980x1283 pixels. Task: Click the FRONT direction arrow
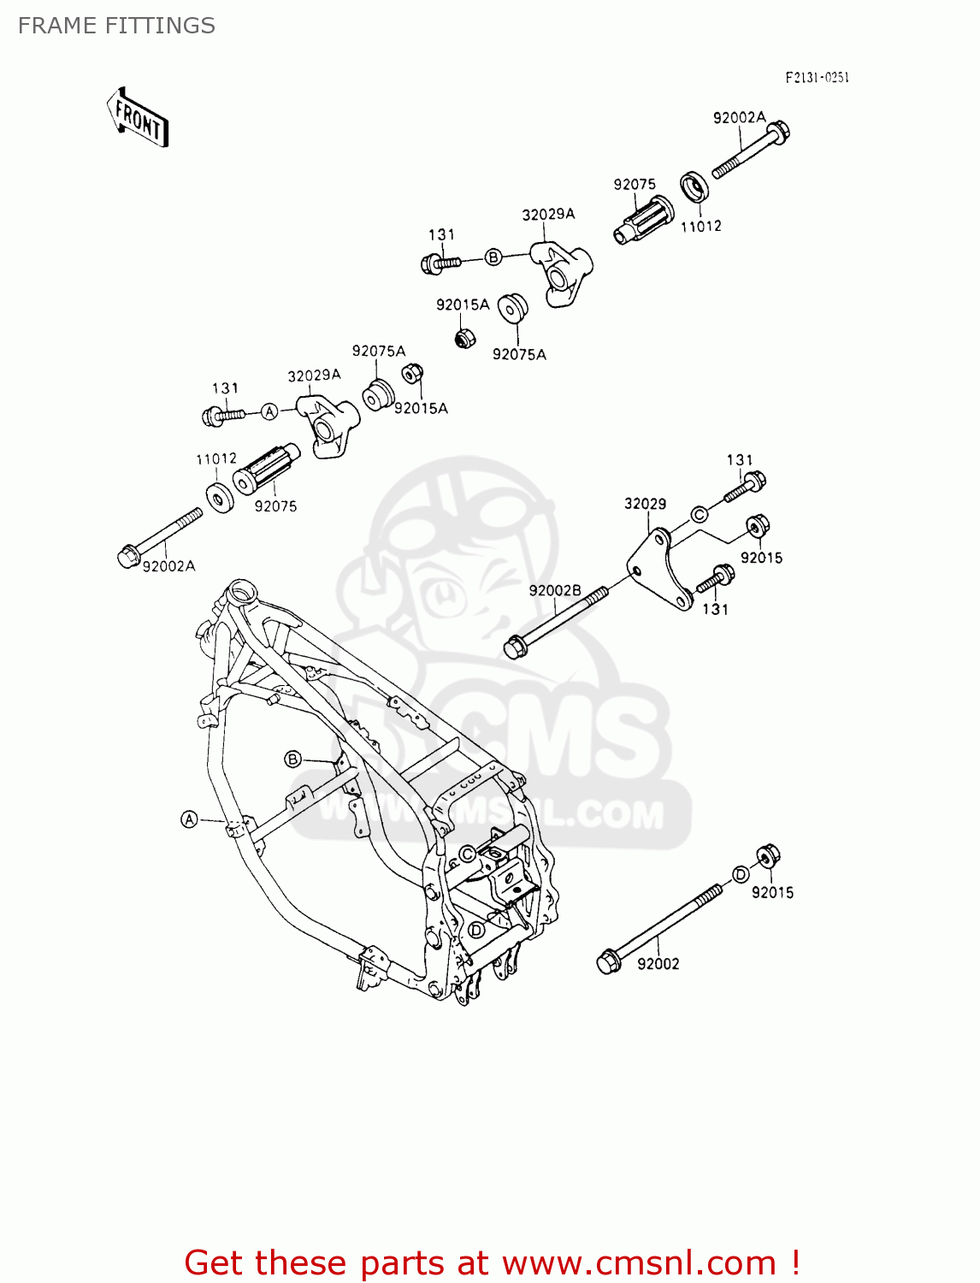(x=138, y=118)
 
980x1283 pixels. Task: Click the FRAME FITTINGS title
(x=116, y=26)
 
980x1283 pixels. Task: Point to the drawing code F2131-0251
(x=817, y=78)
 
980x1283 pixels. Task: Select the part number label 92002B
(x=554, y=591)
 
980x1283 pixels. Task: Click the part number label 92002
(x=658, y=964)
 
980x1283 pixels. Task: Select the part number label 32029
(x=645, y=504)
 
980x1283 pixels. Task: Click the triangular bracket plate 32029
(x=659, y=570)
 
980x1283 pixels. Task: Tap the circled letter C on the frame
(x=467, y=854)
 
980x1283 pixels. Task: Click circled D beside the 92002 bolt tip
(x=741, y=874)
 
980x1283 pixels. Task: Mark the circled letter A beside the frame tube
(x=190, y=819)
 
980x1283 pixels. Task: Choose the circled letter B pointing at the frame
(x=293, y=759)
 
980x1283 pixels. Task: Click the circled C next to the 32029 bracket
(x=699, y=514)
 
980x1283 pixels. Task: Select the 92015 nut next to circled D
(x=767, y=855)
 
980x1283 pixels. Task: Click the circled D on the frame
(x=476, y=930)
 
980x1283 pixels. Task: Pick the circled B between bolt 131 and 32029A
(x=493, y=257)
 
